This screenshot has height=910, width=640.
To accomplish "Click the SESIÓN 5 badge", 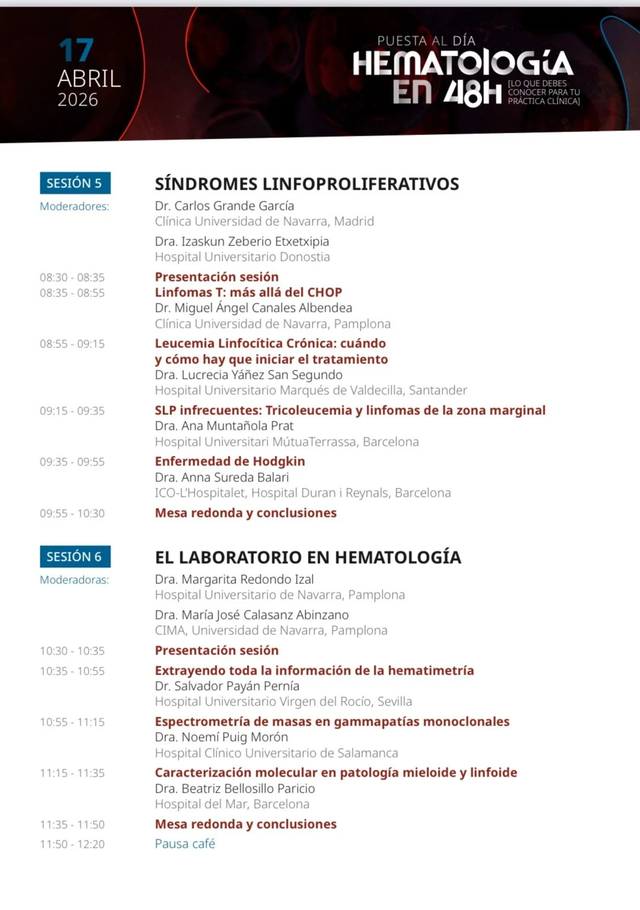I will [75, 183].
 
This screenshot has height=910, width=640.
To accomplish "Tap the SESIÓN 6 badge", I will [75, 557].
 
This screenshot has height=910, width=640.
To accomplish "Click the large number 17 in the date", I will [77, 50].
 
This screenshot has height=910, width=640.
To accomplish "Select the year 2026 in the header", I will [78, 100].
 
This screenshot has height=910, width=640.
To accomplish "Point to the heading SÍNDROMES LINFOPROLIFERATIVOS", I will [307, 184].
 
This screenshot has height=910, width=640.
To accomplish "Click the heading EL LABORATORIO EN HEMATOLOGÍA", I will [308, 557].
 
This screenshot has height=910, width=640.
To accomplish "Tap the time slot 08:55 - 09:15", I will [72, 344].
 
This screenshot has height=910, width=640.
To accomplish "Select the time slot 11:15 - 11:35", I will [72, 773].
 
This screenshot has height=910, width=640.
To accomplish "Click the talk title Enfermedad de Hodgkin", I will [230, 461].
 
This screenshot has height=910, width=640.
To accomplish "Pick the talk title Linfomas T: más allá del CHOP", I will [249, 292].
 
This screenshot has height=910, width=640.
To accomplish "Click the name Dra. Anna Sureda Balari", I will [222, 477].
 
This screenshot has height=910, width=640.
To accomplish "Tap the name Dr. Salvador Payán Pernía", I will [227, 686].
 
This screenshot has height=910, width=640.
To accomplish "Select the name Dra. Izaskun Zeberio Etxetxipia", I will [242, 241].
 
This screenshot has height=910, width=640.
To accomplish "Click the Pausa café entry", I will [185, 844].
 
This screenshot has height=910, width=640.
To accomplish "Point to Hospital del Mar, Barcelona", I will [232, 804].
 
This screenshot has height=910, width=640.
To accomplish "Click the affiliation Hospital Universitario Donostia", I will [242, 257].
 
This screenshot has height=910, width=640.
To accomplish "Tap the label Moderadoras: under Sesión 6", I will [74, 580].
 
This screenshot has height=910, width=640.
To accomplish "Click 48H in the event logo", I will [473, 93].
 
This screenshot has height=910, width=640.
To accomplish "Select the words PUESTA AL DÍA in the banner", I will [426, 41].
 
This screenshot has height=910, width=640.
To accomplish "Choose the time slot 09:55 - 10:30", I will [72, 513].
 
